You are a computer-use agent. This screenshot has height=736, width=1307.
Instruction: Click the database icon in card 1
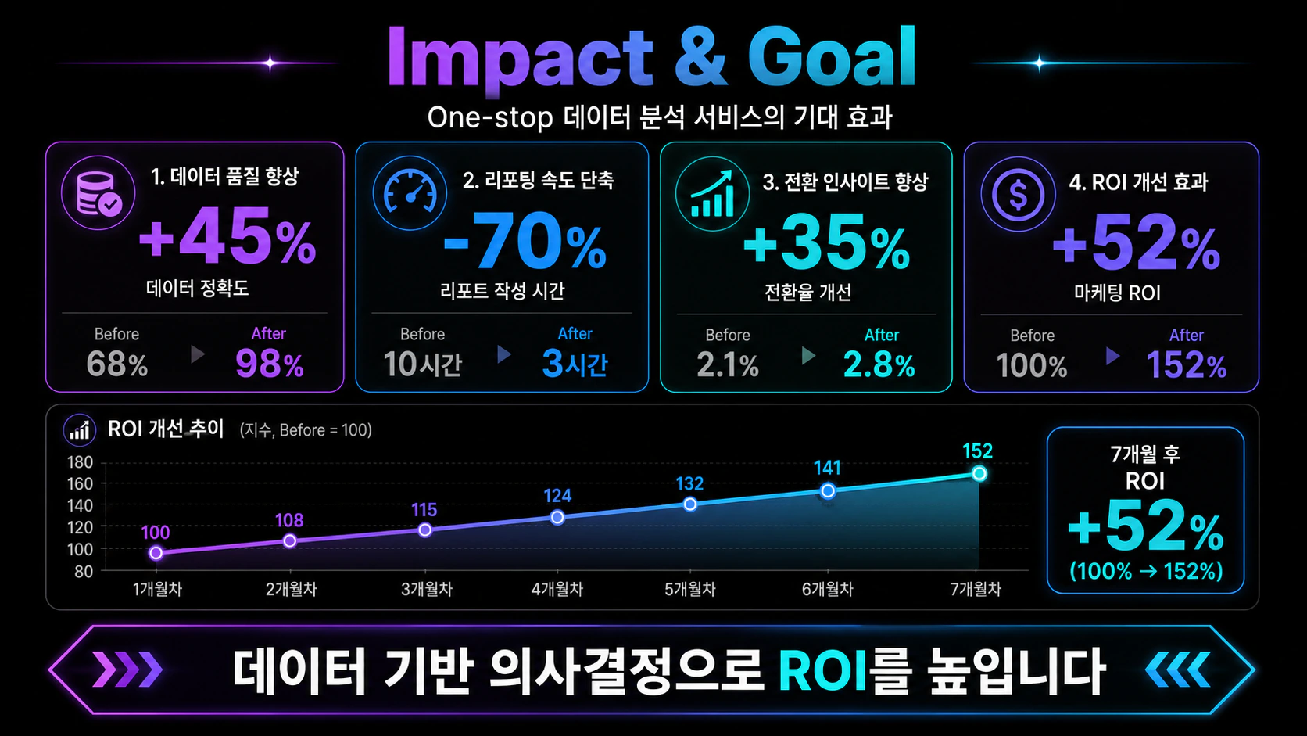tap(98, 192)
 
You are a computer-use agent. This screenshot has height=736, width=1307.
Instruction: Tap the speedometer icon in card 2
tap(410, 192)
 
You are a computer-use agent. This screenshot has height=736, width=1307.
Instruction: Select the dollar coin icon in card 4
tap(1018, 194)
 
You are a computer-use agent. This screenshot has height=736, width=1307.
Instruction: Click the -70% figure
tap(525, 240)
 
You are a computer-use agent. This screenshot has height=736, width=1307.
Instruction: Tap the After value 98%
tap(270, 364)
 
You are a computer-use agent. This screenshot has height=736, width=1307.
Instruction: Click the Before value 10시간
tap(422, 364)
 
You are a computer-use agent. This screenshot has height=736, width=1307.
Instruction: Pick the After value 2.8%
tap(879, 364)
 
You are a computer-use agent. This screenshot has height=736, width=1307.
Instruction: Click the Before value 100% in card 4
tap(1032, 365)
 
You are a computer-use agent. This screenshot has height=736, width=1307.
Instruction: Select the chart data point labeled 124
tap(557, 517)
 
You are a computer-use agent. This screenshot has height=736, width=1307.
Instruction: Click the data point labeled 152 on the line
tap(979, 473)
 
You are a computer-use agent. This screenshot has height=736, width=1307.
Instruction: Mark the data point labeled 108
tap(289, 541)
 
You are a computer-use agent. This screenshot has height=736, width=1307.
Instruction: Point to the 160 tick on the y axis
tap(80, 484)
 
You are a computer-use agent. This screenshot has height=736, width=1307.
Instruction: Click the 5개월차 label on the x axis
tap(689, 590)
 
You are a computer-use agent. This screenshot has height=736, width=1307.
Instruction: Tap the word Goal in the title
tap(832, 57)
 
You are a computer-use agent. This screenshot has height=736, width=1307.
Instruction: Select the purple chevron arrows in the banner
tap(127, 670)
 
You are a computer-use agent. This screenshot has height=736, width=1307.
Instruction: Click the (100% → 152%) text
tap(1146, 571)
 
